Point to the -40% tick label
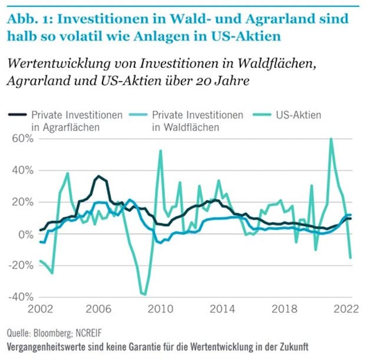tap(19, 296)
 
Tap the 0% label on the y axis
tap(25, 234)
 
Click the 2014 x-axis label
tap(222, 308)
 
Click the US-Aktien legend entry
tap(298, 115)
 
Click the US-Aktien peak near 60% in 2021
tap(331, 139)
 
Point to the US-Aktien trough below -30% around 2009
tap(144, 293)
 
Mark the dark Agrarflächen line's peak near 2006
tap(99, 176)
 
